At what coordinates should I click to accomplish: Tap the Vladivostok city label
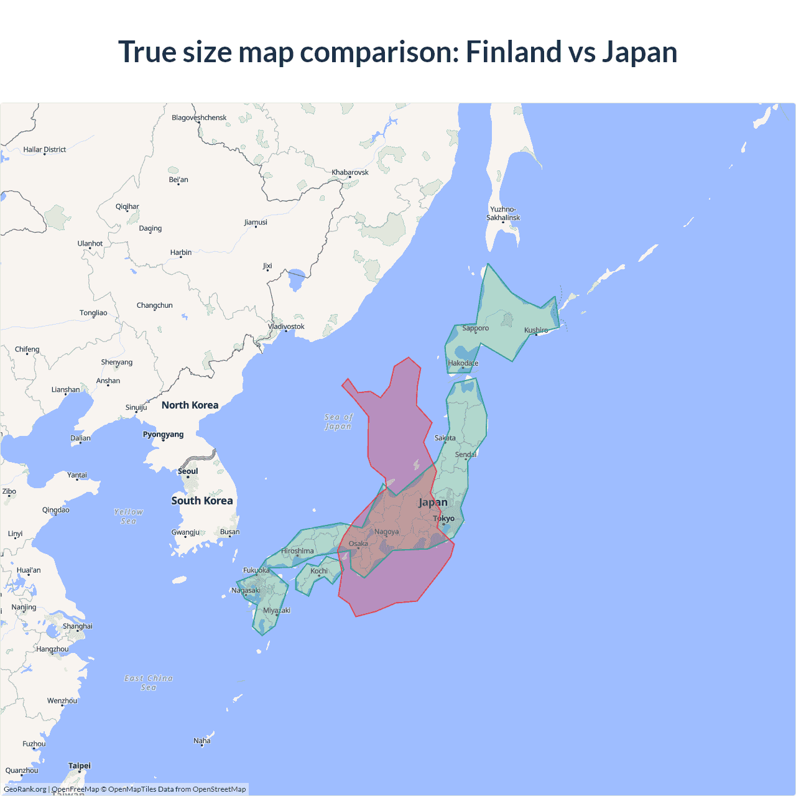point(286,326)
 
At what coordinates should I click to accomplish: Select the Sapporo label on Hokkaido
point(475,328)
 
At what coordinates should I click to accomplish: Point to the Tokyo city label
point(443,518)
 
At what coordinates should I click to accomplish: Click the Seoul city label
point(188,471)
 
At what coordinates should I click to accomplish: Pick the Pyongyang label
point(163,434)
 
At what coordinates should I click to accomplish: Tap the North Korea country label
point(190,405)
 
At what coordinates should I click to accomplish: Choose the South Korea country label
point(202,501)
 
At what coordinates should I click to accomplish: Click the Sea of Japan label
point(338,422)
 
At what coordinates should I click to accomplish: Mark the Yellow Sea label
point(129,516)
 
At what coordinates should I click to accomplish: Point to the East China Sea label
point(149,682)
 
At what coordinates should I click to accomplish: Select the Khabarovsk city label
point(350,172)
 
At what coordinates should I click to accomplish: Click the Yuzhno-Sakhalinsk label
point(503,213)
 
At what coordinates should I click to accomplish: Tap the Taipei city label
point(80,766)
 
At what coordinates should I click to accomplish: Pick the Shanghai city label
point(78,626)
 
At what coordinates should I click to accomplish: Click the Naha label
point(202,741)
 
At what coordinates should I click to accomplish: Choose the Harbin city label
point(181,252)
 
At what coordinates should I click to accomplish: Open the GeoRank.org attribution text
point(25,789)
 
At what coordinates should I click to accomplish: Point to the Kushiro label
point(536,330)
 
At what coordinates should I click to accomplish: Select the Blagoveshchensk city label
point(199,118)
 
